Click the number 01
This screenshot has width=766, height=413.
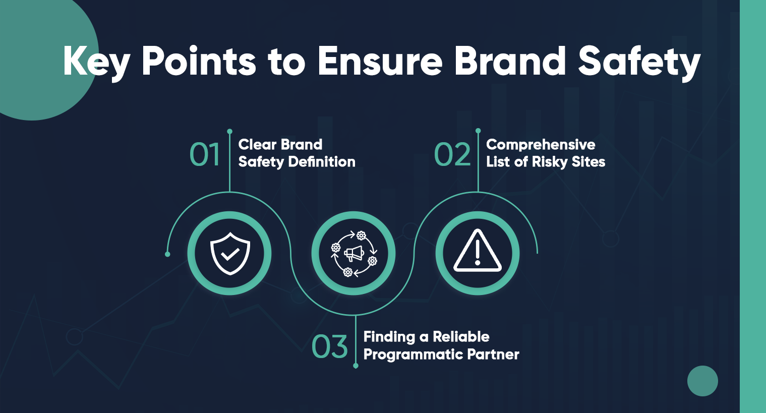[x=205, y=154]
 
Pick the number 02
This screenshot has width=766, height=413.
[x=452, y=154]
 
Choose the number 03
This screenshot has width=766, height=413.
[x=330, y=346]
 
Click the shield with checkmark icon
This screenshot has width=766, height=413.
[x=230, y=253]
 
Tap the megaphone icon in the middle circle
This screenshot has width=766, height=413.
[x=353, y=253]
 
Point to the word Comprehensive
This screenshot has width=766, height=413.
[x=541, y=145]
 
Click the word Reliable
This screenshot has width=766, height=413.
[x=461, y=337]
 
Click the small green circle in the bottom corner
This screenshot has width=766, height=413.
[x=702, y=381]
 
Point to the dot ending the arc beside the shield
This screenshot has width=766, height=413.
[x=167, y=254]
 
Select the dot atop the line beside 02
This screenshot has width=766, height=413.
[x=478, y=131]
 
